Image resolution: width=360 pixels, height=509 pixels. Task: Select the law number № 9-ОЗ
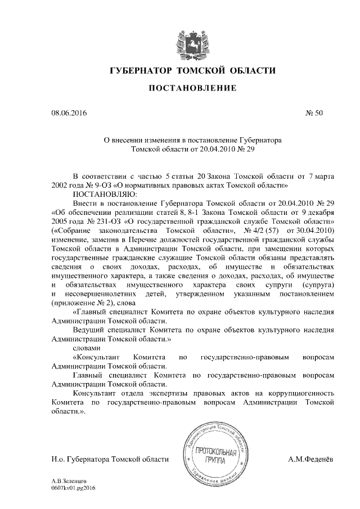96,184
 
